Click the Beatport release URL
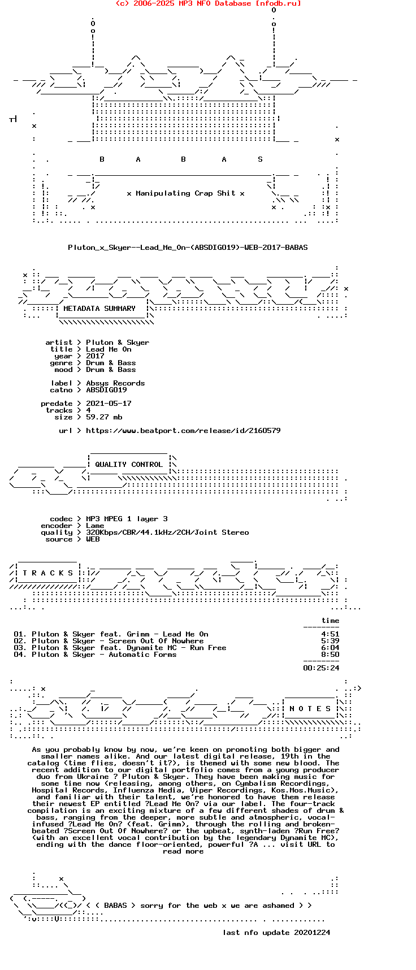[183, 431]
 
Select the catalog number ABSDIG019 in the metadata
[106, 390]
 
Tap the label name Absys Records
[115, 383]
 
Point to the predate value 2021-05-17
[109, 404]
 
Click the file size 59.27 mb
[104, 417]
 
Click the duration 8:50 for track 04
[330, 655]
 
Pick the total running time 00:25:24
[321, 668]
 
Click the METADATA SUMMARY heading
[99, 309]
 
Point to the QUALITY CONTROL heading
[129, 465]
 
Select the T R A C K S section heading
[47, 573]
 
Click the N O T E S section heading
[310, 709]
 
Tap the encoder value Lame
[95, 526]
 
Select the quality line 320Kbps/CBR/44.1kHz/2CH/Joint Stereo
[167, 532]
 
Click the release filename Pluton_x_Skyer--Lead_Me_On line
[188, 248]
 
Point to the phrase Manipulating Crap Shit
[185, 193]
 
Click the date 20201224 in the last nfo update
[312, 933]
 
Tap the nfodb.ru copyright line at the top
[208, 3]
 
